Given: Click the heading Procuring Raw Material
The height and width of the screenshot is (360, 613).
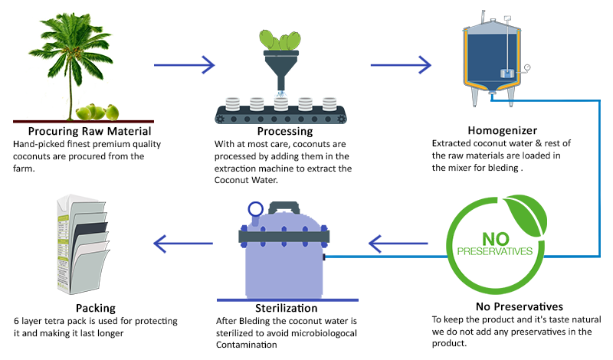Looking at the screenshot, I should (83, 131).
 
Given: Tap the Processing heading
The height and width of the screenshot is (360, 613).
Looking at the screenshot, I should (277, 131).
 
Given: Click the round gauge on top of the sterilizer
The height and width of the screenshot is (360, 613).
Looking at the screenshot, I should (254, 208).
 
